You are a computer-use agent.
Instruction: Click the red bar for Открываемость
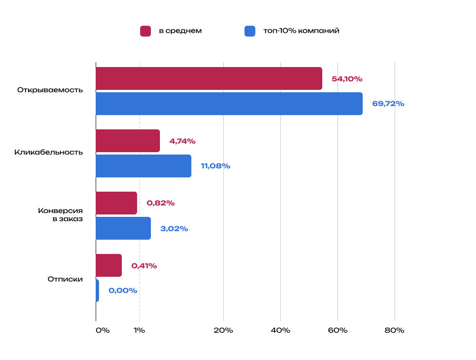point(208,78)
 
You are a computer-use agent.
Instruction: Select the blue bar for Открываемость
point(229,104)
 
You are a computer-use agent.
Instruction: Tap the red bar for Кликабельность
point(128,141)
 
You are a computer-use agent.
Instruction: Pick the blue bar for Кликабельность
point(143,166)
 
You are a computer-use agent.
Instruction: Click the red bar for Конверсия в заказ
point(116,203)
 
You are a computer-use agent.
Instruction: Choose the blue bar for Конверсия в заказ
point(123,228)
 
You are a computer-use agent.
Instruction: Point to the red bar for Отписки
point(109,265)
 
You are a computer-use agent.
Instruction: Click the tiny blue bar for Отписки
point(97,291)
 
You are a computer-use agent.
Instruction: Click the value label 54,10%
point(347,79)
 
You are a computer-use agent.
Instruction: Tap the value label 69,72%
point(388,104)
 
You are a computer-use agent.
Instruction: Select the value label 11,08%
point(215,166)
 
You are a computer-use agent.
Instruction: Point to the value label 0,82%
point(160,203)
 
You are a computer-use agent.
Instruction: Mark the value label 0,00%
point(123,291)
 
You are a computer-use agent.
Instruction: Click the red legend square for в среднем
point(145,31)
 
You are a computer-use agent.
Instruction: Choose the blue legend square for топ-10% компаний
point(250,31)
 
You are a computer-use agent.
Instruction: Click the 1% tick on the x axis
point(139,331)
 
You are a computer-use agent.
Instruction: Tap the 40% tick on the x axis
point(280,331)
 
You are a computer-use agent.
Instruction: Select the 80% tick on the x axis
point(394,331)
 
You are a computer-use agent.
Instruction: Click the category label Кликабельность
point(49,153)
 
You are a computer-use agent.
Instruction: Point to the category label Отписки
point(65,279)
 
